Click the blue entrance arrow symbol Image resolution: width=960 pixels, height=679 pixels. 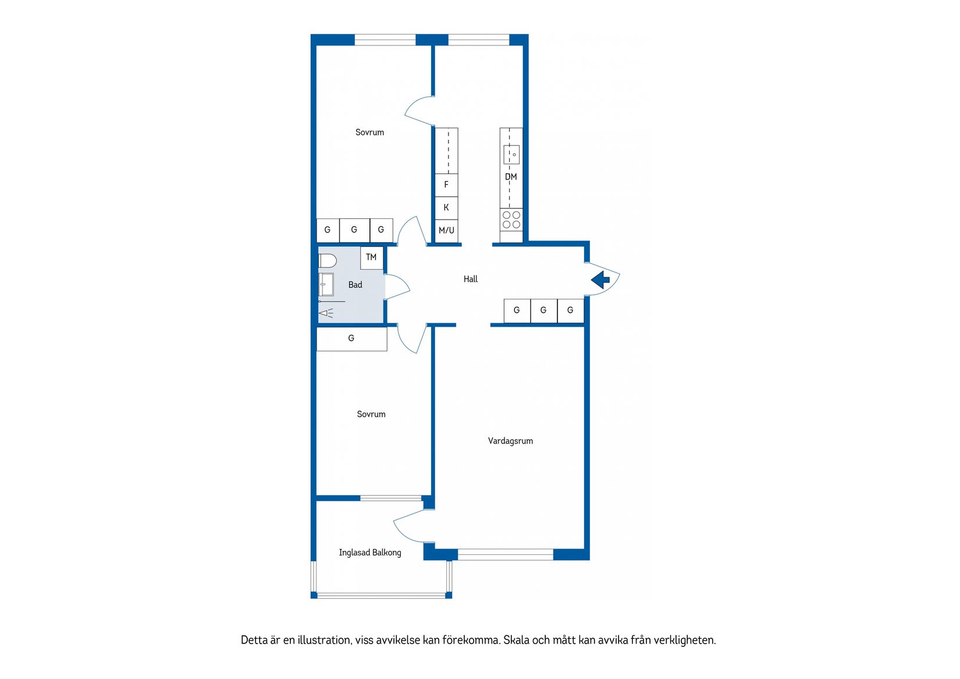pos(600,280)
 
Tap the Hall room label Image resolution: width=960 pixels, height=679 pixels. pos(470,280)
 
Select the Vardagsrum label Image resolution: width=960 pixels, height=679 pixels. pos(510,441)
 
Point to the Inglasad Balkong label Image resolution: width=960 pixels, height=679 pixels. pos(370,553)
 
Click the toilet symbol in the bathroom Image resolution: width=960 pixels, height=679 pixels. pos(327,260)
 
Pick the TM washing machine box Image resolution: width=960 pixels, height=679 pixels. pos(371,257)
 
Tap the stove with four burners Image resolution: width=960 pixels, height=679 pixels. pos(511,220)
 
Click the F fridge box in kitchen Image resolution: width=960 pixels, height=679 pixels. pos(446,185)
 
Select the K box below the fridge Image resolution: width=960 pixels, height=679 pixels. pos(446,207)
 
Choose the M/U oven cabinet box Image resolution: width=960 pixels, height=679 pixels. pos(446,231)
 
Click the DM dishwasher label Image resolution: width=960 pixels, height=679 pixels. pos(511,177)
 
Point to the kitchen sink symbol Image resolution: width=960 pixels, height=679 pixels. pos(511,154)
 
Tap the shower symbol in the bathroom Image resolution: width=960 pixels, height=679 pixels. pos(326,314)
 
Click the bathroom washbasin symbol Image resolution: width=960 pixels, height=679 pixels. pos(326,284)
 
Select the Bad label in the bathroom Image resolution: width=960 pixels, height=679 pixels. pos(355,285)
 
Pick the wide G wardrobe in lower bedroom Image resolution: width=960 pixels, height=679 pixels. pos(351,338)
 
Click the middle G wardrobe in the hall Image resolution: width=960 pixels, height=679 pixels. pos(543,310)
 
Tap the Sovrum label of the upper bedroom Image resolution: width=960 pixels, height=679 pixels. pos(369,132)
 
